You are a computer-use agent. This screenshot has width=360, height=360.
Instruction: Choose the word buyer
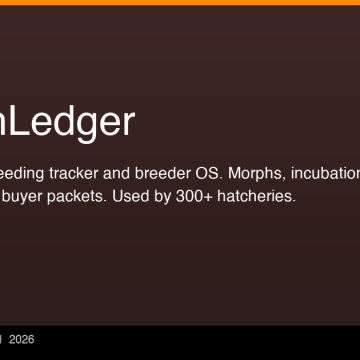click(22, 196)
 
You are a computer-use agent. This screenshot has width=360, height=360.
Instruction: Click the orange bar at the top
click(180, 2)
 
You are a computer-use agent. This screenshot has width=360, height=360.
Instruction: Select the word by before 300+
click(169, 196)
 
